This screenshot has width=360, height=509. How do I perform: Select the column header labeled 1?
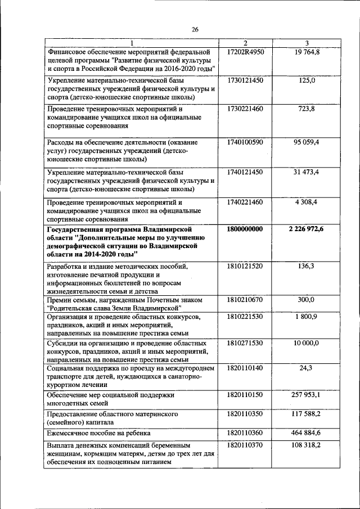point(132,44)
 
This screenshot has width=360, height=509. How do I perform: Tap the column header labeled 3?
point(307,44)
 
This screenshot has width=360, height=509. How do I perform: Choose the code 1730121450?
point(245,81)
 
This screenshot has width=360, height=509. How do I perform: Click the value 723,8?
point(307,109)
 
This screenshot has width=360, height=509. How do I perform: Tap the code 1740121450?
point(245,172)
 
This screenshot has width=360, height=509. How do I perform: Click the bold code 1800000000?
point(245,229)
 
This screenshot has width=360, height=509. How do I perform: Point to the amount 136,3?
point(307,265)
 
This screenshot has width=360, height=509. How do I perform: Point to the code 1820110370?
point(245,444)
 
